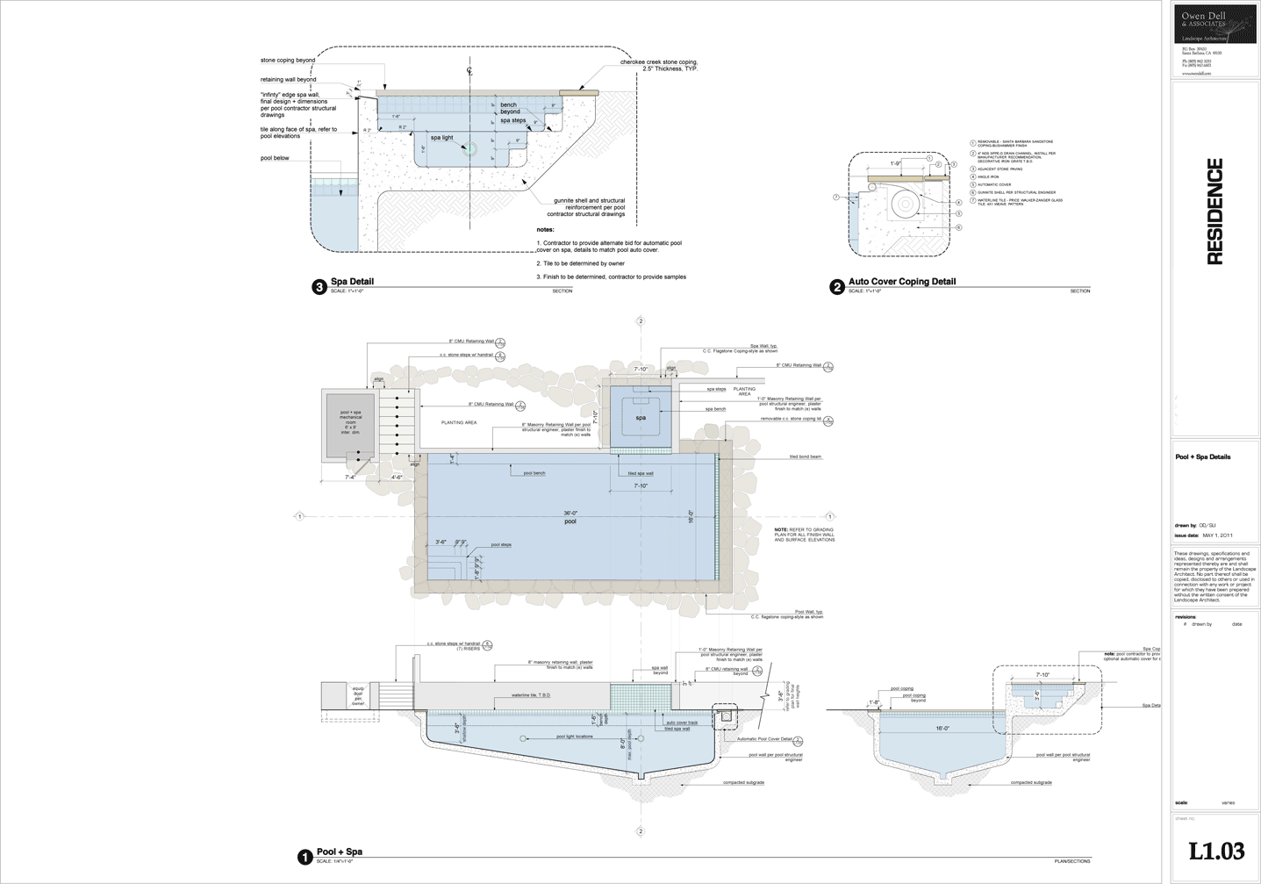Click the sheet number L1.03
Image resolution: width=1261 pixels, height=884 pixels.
[1216, 851]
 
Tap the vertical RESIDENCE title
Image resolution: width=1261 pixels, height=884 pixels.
[1214, 212]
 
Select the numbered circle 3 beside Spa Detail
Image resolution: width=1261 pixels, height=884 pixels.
[319, 286]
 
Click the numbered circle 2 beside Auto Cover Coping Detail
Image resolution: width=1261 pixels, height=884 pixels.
[837, 286]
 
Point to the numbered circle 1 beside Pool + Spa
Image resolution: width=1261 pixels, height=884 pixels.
[305, 856]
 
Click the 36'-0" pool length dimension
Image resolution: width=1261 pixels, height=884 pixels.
[570, 513]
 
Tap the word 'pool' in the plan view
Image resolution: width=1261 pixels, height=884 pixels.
[570, 521]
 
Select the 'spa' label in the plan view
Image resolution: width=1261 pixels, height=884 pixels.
[641, 418]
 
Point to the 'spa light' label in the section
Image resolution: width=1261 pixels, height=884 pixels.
[441, 138]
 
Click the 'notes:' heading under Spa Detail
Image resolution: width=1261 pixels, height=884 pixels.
[545, 229]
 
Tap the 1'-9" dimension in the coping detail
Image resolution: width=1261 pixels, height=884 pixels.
[895, 164]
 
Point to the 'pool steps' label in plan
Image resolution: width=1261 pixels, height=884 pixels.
[501, 544]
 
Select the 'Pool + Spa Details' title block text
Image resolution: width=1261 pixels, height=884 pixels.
[1202, 456]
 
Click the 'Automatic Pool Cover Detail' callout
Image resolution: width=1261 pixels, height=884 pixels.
[764, 739]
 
